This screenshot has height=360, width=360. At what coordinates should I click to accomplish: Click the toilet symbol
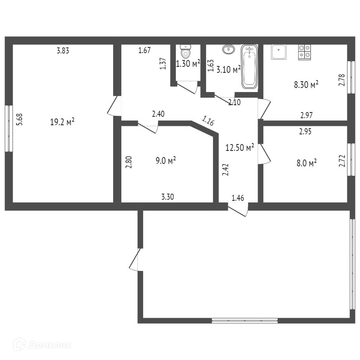[x=186, y=51]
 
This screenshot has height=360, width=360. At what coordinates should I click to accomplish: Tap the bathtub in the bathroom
[x=249, y=67]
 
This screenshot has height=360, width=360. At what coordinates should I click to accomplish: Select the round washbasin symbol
[x=229, y=49]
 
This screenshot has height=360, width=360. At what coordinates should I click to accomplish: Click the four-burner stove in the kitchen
[x=304, y=52]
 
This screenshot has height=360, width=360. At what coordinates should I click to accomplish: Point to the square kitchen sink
[x=278, y=52]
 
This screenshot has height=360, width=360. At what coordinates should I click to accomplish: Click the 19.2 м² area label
[x=62, y=122]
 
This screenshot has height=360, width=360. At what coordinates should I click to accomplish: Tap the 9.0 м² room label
[x=166, y=160]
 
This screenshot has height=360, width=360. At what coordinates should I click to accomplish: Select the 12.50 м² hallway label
[x=240, y=147]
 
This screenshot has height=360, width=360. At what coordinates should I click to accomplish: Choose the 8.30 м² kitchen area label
[x=306, y=84]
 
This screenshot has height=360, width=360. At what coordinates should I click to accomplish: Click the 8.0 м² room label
[x=307, y=163]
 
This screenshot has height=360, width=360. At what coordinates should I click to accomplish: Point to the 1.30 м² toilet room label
[x=188, y=63]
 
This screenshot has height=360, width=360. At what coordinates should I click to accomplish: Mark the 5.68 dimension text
[x=20, y=120]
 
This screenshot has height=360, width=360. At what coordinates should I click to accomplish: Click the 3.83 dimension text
[x=63, y=51]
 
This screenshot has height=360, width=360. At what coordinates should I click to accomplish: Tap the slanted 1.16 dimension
[x=208, y=121]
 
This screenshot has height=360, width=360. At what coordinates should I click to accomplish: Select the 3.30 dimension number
[x=168, y=197]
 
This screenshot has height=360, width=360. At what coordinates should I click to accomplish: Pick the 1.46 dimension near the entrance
[x=238, y=198]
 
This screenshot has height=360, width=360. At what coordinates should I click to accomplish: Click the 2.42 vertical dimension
[x=225, y=170]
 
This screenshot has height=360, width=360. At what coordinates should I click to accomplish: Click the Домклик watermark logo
[x=42, y=345]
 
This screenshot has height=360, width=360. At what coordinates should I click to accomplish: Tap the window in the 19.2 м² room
[x=9, y=128]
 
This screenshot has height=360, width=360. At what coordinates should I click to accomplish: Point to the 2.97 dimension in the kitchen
[x=307, y=115]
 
